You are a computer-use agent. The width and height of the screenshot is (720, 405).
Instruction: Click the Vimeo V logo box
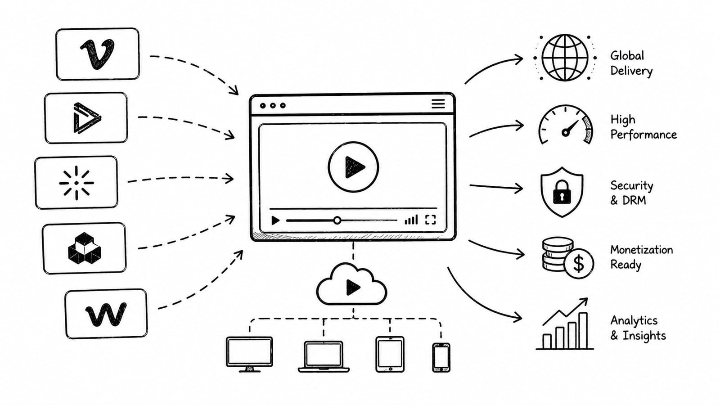click(97, 54)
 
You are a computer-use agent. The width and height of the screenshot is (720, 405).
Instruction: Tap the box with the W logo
click(106, 314)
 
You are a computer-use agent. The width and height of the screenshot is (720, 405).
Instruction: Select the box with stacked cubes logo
click(85, 248)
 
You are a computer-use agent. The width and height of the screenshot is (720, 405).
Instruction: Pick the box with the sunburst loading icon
click(76, 182)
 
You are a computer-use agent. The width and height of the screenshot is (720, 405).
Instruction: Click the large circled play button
click(353, 167)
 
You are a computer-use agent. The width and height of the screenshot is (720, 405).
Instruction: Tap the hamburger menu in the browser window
click(438, 104)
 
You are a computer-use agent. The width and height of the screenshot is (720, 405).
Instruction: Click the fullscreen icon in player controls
click(430, 220)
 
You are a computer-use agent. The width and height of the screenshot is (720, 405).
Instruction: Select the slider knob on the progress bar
click(337, 220)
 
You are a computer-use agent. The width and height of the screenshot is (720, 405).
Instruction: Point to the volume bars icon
click(411, 220)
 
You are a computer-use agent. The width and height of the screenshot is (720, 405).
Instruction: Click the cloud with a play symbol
click(351, 286)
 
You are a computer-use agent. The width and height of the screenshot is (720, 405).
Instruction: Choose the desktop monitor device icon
click(249, 353)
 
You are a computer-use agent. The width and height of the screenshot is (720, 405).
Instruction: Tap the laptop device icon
click(324, 356)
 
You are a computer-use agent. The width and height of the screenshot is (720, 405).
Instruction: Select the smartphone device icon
click(441, 357)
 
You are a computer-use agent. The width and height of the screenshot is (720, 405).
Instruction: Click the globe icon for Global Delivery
click(565, 58)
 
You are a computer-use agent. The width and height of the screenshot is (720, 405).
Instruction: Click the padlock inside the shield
click(562, 192)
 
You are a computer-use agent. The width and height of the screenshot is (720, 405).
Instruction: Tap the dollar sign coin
click(578, 263)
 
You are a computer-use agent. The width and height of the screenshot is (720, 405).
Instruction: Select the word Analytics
click(634, 320)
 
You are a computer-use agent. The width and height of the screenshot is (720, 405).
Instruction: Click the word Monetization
click(641, 250)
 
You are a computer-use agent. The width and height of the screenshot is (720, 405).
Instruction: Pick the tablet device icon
click(390, 354)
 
